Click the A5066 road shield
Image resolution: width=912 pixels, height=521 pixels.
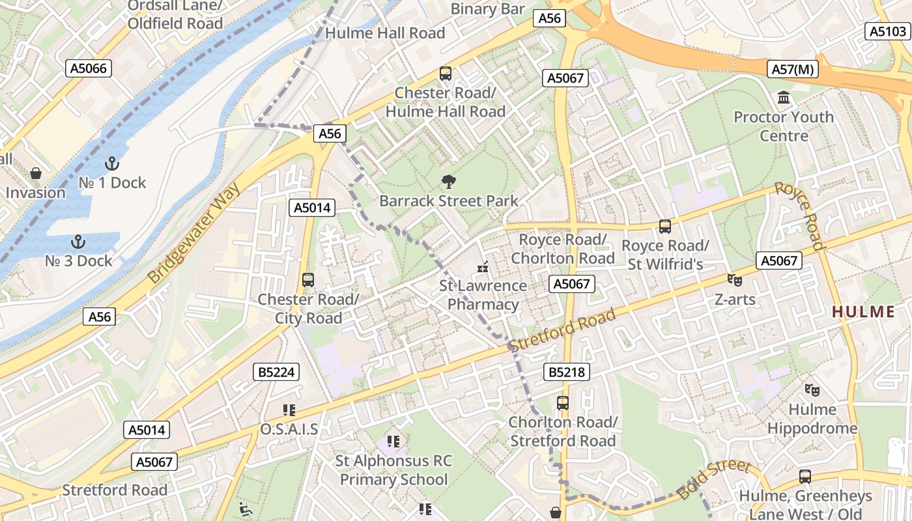89,68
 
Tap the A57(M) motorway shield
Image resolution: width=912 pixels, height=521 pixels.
793,68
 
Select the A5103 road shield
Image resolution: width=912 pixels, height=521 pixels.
889,31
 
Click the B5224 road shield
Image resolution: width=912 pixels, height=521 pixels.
276,372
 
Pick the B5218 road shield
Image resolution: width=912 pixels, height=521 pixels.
566,372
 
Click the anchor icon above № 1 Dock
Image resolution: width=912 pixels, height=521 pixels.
112,163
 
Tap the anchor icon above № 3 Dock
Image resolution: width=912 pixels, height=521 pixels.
78,242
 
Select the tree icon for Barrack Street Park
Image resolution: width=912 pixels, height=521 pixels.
448,182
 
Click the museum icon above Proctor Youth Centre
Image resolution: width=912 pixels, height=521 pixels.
784,98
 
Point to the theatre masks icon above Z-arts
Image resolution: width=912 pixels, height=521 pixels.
735,280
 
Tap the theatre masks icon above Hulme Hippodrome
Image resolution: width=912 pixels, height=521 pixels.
812,390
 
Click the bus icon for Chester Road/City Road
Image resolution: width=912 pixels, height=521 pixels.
308,280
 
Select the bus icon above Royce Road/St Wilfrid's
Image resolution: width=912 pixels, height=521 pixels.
664,227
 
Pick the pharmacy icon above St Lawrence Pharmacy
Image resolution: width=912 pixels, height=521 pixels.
483,266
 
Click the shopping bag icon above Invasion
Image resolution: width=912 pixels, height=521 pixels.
36,173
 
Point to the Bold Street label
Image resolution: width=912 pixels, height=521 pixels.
714,479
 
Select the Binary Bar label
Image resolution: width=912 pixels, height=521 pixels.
487,9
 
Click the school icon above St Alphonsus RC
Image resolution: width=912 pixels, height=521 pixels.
393,442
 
